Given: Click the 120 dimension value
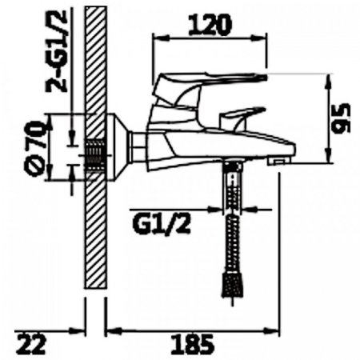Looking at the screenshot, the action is (210, 25).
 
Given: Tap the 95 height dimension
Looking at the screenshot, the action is (342, 118).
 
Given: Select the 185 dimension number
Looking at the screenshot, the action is (192, 344).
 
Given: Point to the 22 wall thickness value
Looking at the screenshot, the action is (31, 345).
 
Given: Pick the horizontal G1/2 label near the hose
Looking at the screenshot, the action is (162, 225).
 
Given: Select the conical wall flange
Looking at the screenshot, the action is (118, 147).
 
